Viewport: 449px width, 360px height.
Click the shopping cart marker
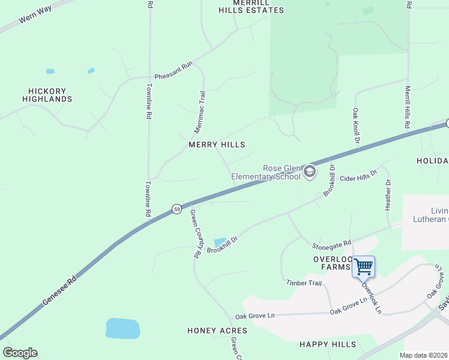(x=363, y=266)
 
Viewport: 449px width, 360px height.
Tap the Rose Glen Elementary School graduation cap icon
(x=309, y=172)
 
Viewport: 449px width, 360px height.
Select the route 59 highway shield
(x=176, y=209)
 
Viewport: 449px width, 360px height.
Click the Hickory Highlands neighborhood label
(x=47, y=95)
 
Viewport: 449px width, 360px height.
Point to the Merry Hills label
(x=217, y=145)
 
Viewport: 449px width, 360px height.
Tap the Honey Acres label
(x=217, y=331)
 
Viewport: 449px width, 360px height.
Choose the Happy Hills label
(x=328, y=344)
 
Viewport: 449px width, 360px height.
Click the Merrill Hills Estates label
(x=243, y=7)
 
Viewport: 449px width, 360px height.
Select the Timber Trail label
(x=304, y=283)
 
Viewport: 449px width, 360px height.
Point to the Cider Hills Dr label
(x=358, y=175)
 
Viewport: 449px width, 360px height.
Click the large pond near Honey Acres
(x=122, y=329)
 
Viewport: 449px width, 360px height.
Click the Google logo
(x=20, y=353)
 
